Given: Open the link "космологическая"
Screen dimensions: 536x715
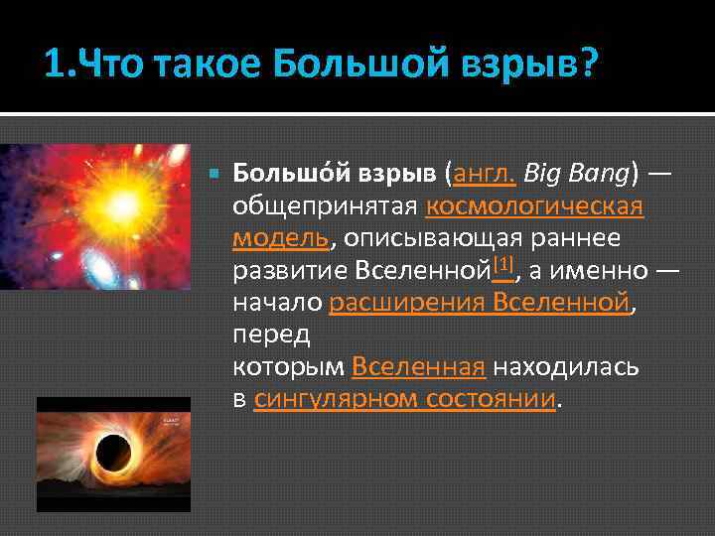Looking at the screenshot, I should [x=534, y=206].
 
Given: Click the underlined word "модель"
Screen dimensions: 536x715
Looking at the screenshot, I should [x=281, y=238].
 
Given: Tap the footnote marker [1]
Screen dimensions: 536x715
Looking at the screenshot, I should [x=502, y=263].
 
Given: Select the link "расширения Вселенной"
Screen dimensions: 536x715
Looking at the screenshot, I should [x=480, y=302].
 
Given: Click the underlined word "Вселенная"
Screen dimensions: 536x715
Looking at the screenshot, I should [x=418, y=366].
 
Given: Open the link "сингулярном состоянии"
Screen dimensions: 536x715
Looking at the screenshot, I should [x=406, y=399].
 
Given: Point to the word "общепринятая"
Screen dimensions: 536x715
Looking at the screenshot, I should [x=325, y=206].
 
